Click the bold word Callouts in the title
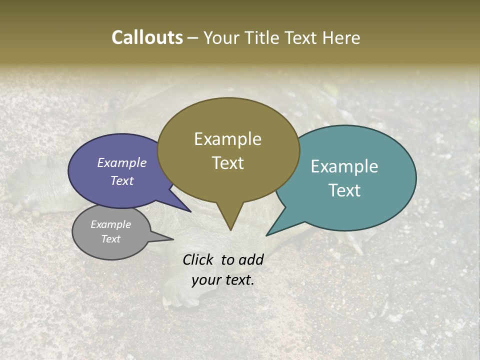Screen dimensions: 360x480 click(x=147, y=37)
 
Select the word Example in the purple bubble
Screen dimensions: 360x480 click(x=122, y=162)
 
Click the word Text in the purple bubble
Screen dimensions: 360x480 click(x=122, y=180)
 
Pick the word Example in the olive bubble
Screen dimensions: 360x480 click(x=228, y=138)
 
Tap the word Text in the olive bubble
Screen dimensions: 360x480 click(x=228, y=162)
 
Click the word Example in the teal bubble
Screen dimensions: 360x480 click(x=344, y=166)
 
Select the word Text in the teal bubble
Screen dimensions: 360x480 click(x=344, y=190)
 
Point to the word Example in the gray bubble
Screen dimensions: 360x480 click(x=110, y=224)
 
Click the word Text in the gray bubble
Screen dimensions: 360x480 click(x=110, y=239)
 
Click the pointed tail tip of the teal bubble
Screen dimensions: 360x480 click(x=267, y=235)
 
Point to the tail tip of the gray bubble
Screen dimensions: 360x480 click(x=173, y=239)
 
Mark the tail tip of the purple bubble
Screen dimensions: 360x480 click(x=190, y=211)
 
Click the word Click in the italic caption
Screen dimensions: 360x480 click(x=199, y=259)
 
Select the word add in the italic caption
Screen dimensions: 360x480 click(x=250, y=259)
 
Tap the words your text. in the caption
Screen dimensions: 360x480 click(x=223, y=280)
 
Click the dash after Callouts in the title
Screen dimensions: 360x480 click(x=193, y=38)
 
